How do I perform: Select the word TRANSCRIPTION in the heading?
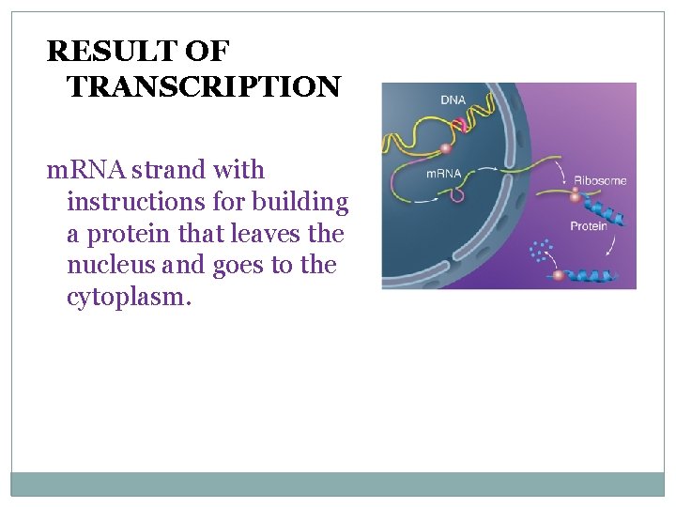tap(204, 87)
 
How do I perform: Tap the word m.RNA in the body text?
tap(87, 171)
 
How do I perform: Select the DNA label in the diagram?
tap(453, 99)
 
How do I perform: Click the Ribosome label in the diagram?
tap(599, 180)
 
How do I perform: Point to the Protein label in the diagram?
tap(589, 225)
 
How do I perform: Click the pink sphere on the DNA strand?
tap(447, 146)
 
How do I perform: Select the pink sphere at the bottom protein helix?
tap(558, 275)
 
